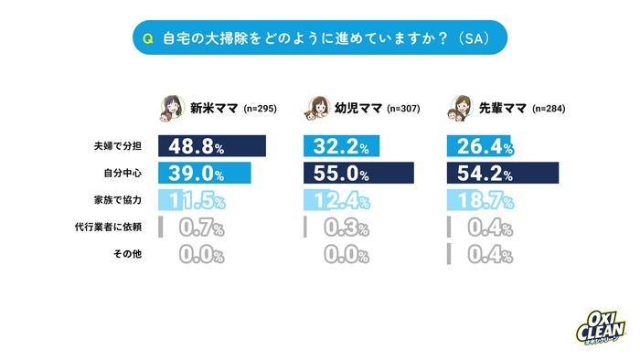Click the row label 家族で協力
click(118, 199)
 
